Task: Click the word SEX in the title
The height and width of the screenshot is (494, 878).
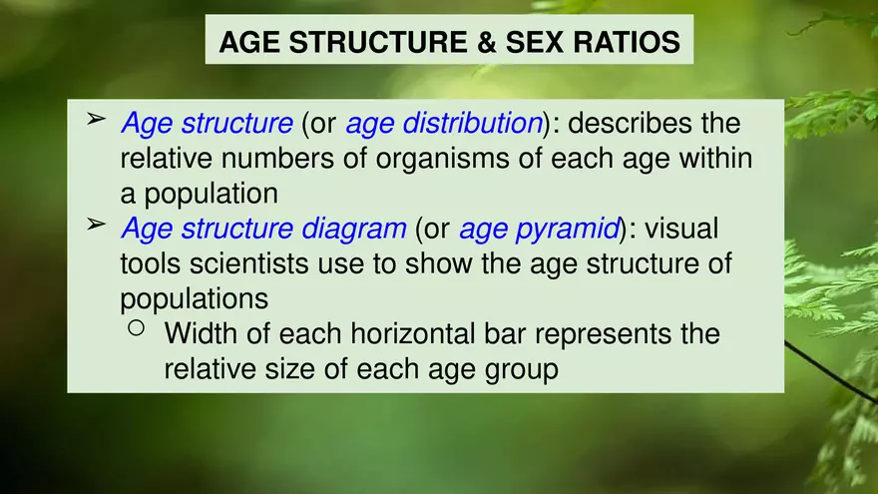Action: pos(539,43)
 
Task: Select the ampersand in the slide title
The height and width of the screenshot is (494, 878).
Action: pos(483,43)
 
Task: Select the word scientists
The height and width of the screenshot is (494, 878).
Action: pos(259,264)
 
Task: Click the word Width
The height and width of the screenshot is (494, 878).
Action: pos(202,333)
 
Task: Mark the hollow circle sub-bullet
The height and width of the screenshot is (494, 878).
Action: pos(137,328)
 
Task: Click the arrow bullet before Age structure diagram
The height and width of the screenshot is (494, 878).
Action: pos(95,225)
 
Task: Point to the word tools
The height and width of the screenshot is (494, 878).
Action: pos(151,264)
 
